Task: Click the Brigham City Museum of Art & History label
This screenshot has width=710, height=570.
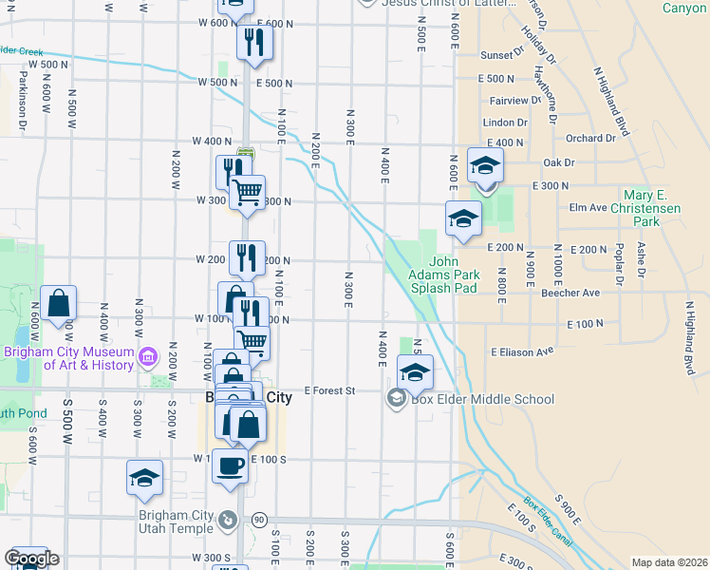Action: point(69,357)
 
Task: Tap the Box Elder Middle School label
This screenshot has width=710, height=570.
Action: point(482,399)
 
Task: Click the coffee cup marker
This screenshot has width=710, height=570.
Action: point(230,466)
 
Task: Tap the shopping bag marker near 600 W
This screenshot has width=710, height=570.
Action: point(59,303)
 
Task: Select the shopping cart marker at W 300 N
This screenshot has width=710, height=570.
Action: point(247,192)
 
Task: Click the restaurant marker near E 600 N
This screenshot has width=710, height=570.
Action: point(254,43)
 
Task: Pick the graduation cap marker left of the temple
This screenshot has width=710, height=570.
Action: point(144,478)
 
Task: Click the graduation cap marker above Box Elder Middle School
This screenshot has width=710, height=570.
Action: point(415,371)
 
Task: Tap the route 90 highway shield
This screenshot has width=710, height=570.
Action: point(259,520)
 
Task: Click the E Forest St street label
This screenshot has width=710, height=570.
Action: point(329,390)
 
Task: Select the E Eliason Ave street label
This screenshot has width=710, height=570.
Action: point(521,351)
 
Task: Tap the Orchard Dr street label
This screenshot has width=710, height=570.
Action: point(591,138)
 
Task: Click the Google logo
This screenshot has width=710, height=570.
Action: point(30,559)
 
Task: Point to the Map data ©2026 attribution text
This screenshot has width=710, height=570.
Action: point(668,562)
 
